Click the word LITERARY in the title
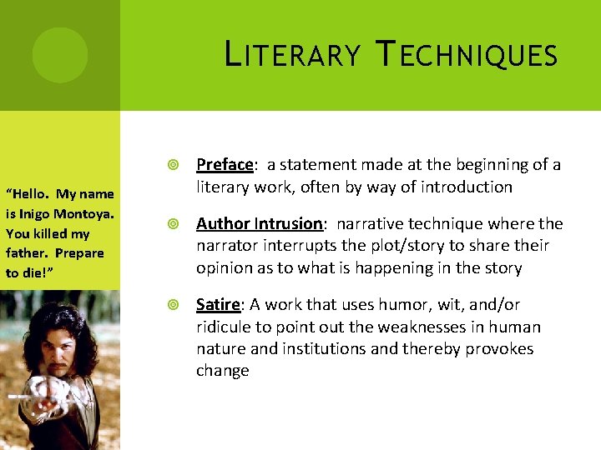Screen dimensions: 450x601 point(293,55)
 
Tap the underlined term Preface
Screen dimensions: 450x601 point(224,165)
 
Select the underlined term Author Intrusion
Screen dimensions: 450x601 point(259,224)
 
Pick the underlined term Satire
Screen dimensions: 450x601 point(217,305)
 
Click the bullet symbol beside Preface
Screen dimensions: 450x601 point(173,165)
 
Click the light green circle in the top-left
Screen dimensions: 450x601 point(60,55)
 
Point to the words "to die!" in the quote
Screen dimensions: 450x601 point(25,272)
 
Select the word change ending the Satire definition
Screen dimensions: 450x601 point(223,371)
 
